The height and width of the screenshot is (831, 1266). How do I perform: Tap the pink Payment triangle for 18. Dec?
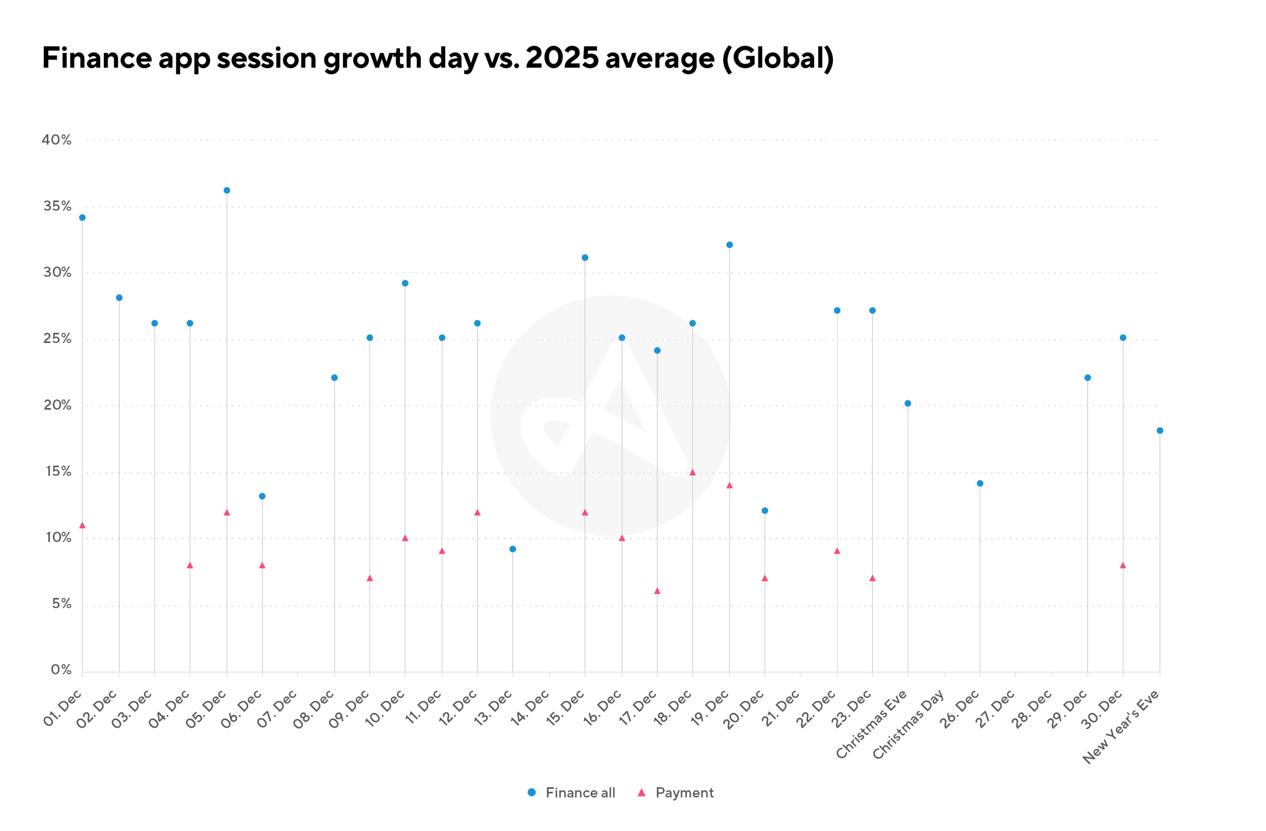[x=693, y=472]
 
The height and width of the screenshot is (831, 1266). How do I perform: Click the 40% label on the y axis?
[x=56, y=140]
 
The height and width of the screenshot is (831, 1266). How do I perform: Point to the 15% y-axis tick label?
[x=58, y=471]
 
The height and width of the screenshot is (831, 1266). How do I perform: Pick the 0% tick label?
[x=61, y=670]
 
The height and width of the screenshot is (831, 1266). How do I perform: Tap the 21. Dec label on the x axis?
[x=781, y=709]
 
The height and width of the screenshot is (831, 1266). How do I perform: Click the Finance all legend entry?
[x=571, y=793]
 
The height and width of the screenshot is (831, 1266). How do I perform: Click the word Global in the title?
[x=778, y=58]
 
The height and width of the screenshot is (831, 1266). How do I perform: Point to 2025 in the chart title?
[x=562, y=58]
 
